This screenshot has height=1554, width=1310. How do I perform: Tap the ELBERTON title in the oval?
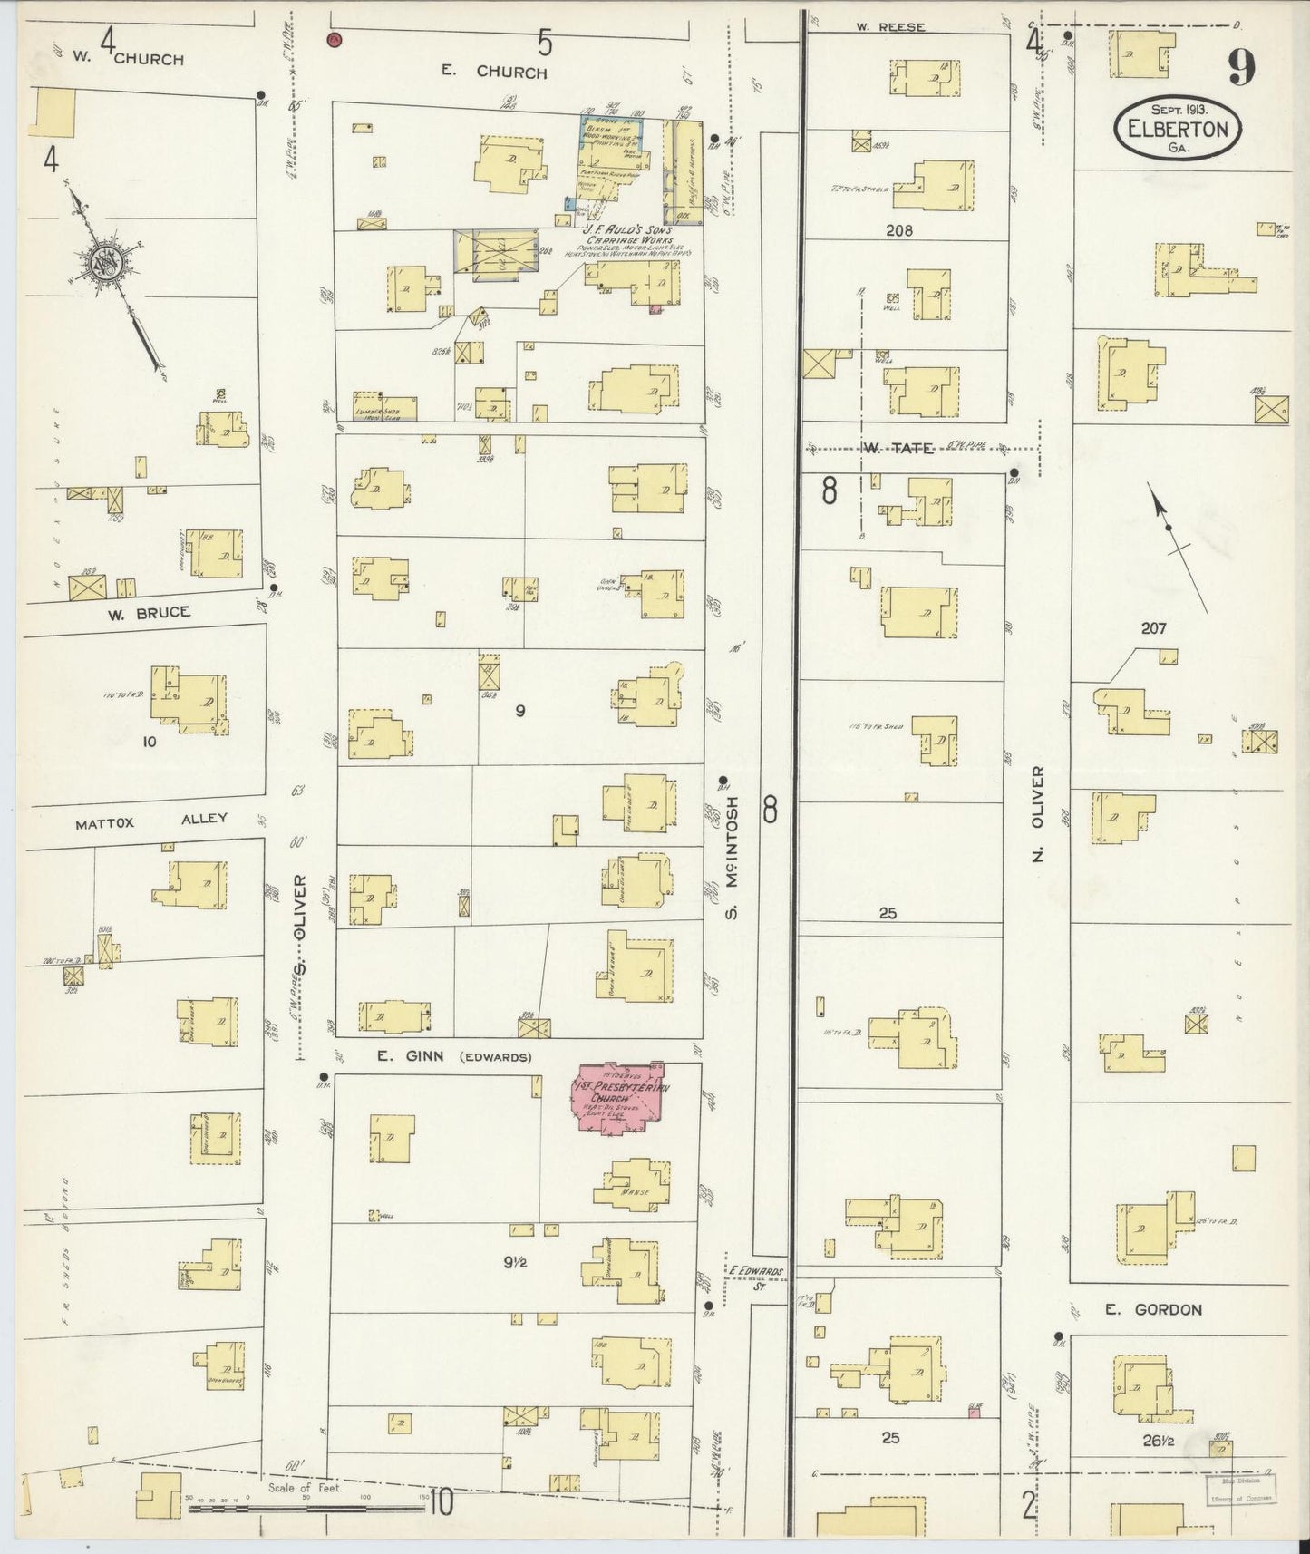(1178, 129)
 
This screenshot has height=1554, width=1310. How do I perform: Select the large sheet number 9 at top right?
(1243, 66)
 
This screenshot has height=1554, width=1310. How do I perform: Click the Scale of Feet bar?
(308, 1510)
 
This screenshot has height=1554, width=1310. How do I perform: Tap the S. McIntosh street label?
(732, 856)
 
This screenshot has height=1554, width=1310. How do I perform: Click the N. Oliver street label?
(1039, 814)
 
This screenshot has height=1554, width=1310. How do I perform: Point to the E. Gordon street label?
(1153, 1309)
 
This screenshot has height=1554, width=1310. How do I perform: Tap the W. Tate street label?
(885, 448)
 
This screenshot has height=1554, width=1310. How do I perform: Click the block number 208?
(898, 230)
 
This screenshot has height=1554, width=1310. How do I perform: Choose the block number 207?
(1153, 627)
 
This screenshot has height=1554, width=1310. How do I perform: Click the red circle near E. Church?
(335, 40)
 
